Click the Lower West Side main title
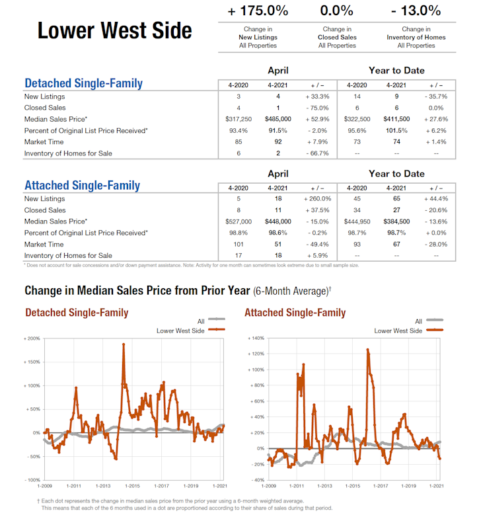click(x=114, y=30)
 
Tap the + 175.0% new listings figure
click(x=258, y=11)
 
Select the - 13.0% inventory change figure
click(x=416, y=11)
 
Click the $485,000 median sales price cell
click(x=277, y=118)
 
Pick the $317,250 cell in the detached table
click(x=238, y=118)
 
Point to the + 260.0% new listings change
click(x=317, y=198)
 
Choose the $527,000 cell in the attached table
click(x=238, y=221)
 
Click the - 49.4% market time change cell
click(x=317, y=244)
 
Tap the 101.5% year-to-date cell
click(x=396, y=130)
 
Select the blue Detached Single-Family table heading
click(x=83, y=83)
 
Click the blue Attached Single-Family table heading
click(x=82, y=185)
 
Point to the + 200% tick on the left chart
click(x=32, y=338)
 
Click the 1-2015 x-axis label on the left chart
click(x=132, y=486)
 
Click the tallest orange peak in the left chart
click(x=123, y=344)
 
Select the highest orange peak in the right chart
click(x=367, y=350)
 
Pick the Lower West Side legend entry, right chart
click(x=398, y=331)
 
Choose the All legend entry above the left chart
click(x=202, y=321)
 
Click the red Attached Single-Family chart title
click(x=295, y=313)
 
